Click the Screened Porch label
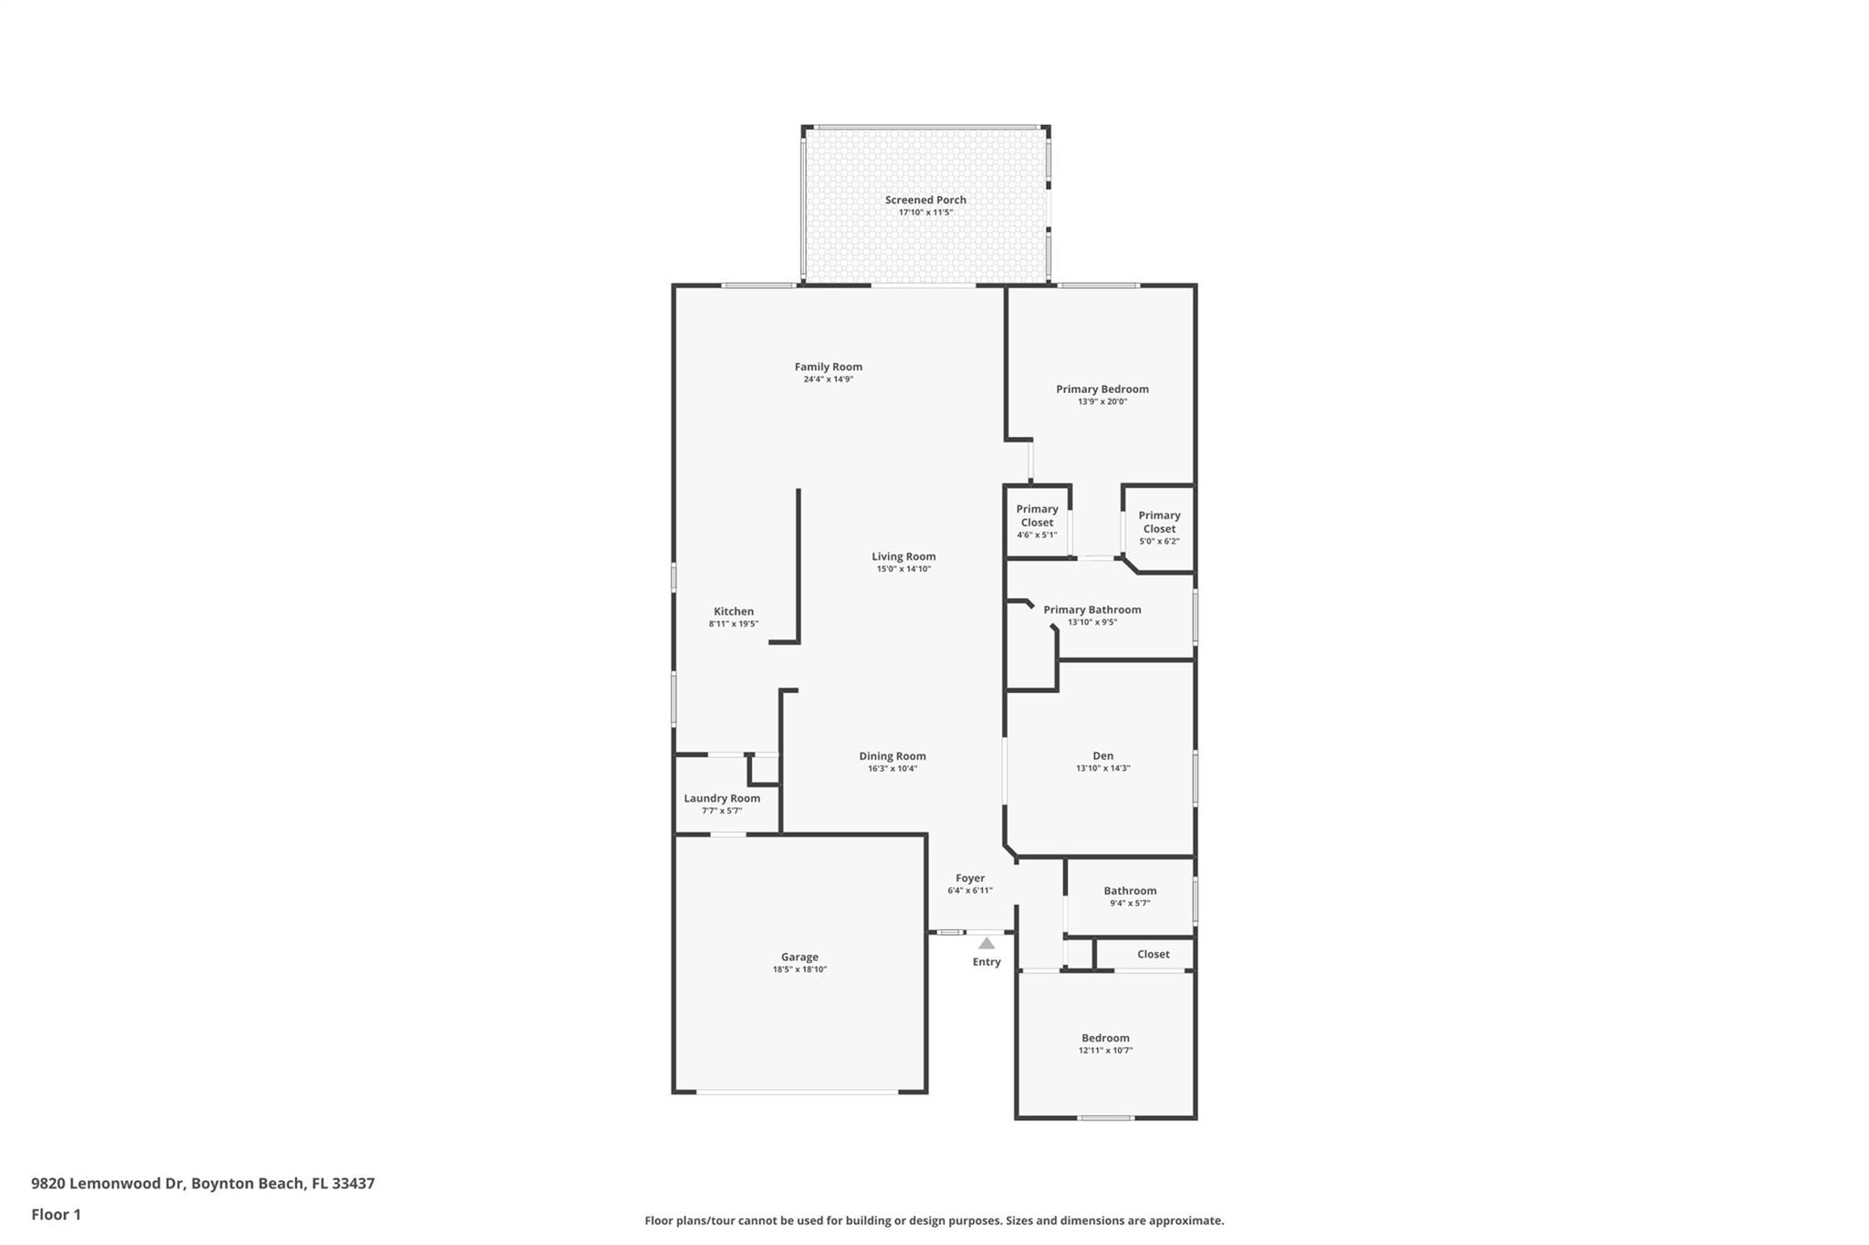click(925, 200)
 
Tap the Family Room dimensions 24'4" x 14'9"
click(829, 379)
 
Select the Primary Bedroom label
click(1102, 389)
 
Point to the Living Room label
click(903, 556)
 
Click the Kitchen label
click(734, 612)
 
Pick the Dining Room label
click(893, 756)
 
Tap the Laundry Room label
click(722, 799)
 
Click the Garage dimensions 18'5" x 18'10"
click(799, 970)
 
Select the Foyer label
click(970, 878)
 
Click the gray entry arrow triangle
click(987, 944)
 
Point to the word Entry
click(987, 962)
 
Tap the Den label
click(1103, 756)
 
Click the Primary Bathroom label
click(1092, 610)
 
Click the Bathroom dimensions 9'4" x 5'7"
click(1130, 904)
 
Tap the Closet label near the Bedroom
click(1154, 955)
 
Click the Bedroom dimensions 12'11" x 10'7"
click(1105, 1051)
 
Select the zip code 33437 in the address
click(353, 1184)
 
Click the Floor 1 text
click(56, 1215)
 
